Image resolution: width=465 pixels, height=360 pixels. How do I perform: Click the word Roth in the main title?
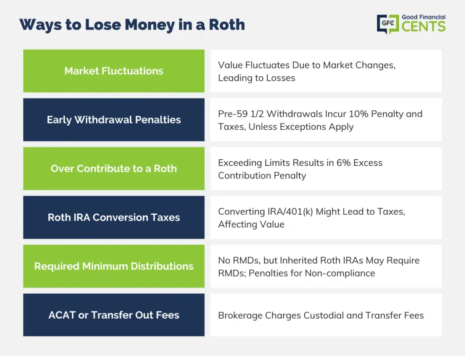point(227,25)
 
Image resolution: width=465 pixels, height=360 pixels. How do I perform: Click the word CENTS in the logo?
point(424,26)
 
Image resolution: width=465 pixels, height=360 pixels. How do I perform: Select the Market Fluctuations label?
point(114,71)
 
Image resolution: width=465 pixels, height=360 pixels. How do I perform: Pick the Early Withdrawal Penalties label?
point(114,120)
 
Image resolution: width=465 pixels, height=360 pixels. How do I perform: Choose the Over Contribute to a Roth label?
point(114,168)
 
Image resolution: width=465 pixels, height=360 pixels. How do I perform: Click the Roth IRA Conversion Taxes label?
point(114,217)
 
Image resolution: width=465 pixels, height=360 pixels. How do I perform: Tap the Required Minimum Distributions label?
point(114,266)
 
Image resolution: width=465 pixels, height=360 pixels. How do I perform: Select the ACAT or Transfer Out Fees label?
point(114,315)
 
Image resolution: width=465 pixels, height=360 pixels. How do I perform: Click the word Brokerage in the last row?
point(240,316)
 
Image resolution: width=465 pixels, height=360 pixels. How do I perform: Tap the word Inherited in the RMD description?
point(300,261)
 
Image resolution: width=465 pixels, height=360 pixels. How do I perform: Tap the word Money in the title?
point(150,25)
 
